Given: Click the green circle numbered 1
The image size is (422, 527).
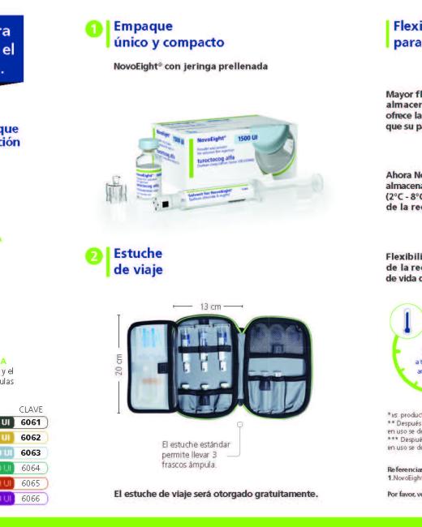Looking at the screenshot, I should click(x=95, y=32).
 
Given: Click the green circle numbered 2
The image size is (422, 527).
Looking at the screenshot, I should click(x=95, y=258).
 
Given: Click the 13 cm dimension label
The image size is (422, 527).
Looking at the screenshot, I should click(x=208, y=307).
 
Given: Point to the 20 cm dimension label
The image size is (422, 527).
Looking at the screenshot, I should click(x=118, y=364).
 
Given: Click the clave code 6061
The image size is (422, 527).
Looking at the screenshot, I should click(x=31, y=422).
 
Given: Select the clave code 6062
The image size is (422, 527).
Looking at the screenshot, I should click(x=31, y=437).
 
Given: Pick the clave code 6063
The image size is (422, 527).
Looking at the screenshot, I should click(x=31, y=452).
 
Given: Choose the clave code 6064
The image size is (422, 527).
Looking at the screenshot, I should click(x=31, y=468).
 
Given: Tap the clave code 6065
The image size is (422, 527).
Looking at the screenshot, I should click(x=31, y=482).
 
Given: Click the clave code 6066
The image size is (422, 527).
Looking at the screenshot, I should click(x=31, y=498).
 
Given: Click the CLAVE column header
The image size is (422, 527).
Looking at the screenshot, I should click(x=31, y=409).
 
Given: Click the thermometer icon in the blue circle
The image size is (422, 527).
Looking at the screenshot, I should click(x=407, y=320).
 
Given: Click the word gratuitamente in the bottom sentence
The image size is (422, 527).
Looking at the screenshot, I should click(x=283, y=493).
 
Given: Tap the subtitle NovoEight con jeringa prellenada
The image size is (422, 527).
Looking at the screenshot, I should click(x=191, y=64).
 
